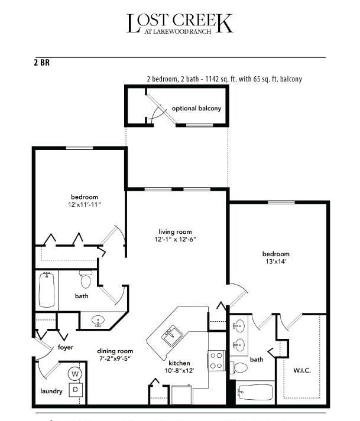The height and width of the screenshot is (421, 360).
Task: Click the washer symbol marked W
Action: point(75,374)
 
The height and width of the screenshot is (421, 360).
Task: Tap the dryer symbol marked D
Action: point(76,390)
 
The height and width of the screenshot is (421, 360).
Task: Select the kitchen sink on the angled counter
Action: point(172,335)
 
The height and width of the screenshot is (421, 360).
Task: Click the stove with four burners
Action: point(216,361)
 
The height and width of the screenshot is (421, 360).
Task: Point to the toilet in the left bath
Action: point(86,279)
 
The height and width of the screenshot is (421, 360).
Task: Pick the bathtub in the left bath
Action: point(47,290)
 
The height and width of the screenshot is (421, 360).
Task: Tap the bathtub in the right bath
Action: point(255,393)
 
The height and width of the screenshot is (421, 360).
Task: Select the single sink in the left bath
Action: point(98,321)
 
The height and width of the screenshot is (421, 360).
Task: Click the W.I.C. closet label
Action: point(302,371)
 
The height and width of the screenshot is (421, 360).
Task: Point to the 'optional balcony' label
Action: point(196,109)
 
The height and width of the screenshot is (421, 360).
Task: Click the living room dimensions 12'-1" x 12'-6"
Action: point(175,240)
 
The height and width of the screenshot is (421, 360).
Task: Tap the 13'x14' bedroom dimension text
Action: point(276,262)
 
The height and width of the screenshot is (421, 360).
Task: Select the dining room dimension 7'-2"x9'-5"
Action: point(115,358)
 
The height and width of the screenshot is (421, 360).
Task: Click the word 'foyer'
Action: point(66,347)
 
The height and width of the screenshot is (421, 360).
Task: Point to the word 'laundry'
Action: point(51,391)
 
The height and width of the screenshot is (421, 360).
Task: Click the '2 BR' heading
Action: point(41,63)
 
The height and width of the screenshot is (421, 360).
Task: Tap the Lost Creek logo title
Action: point(180,24)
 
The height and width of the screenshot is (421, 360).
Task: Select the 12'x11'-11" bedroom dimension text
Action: point(84,204)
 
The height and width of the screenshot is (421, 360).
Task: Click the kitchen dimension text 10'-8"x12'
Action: point(179,371)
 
